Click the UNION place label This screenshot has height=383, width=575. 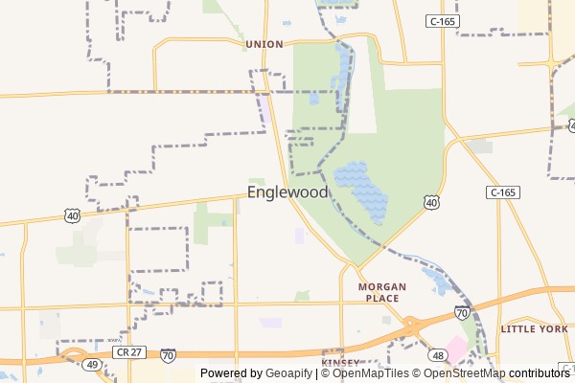point(264,44)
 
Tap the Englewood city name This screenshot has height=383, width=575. point(287,192)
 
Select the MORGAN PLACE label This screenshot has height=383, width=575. point(382,292)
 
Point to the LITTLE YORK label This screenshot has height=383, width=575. point(534,328)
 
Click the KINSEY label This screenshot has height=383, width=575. point(340,363)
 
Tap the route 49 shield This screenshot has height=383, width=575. point(92,365)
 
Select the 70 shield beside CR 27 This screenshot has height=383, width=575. point(169,355)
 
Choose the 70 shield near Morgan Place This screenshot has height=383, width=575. point(462,313)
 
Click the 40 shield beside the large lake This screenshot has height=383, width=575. point(432,203)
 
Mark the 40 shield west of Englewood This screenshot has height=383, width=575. point(73,216)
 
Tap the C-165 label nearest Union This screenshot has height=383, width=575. point(442,20)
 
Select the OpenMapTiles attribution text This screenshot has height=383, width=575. point(369,373)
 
